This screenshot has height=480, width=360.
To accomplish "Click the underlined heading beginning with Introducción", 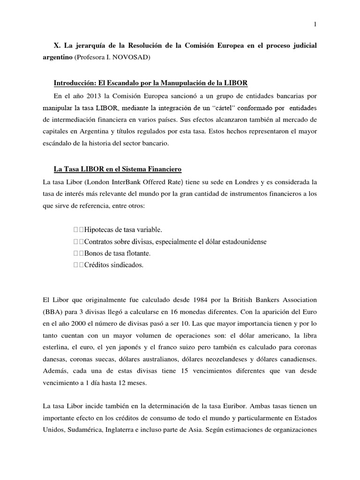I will (150, 83).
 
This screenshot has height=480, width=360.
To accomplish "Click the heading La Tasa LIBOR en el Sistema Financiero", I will (118, 168).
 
